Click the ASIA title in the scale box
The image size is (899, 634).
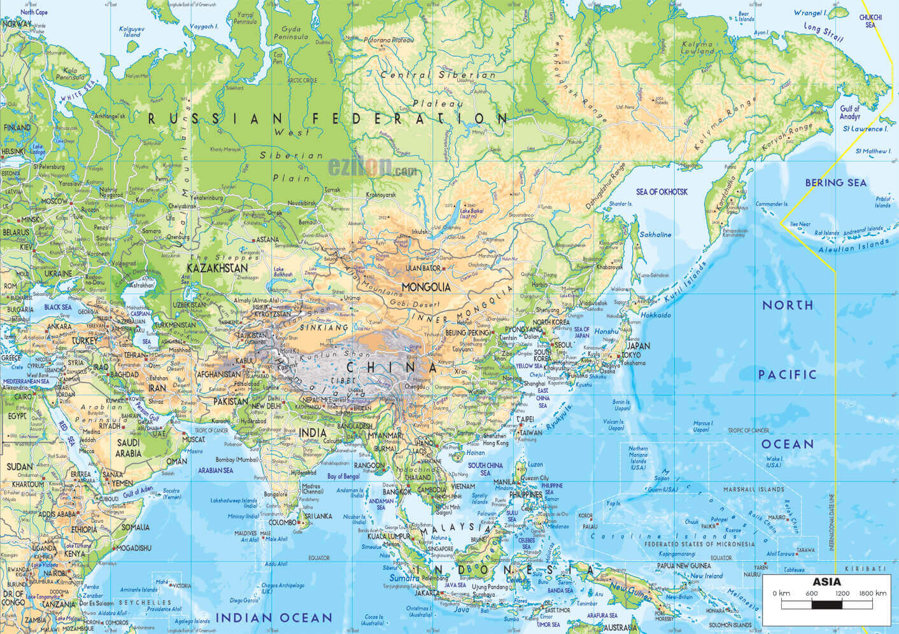tap(826, 581)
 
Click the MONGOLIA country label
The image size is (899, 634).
tap(426, 287)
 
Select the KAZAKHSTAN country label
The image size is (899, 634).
tap(217, 268)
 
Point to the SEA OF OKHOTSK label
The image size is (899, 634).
tap(662, 191)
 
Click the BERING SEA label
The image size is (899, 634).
tap(835, 183)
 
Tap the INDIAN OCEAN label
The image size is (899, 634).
tap(273, 617)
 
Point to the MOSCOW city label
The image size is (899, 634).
tap(54, 201)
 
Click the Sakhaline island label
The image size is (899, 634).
tap(655, 235)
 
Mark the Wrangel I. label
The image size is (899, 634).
tap(809, 12)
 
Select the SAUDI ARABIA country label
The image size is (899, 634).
tap(128, 448)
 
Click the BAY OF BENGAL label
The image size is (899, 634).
tap(343, 476)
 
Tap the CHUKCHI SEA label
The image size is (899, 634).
tap(870, 22)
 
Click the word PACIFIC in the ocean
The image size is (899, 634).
tap(787, 375)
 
